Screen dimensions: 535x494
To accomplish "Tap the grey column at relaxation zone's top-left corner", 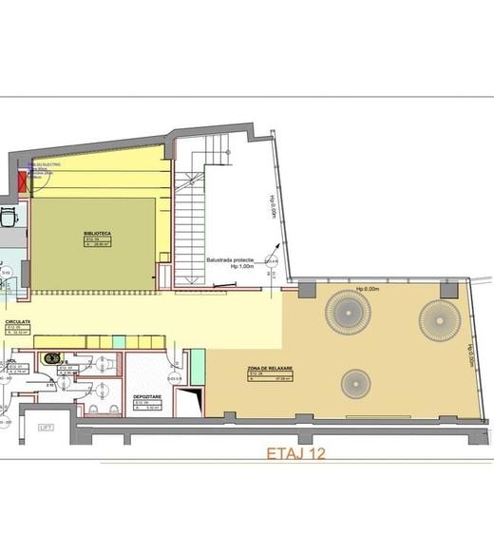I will (308, 285).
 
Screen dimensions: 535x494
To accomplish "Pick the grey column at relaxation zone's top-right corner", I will (449, 285).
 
